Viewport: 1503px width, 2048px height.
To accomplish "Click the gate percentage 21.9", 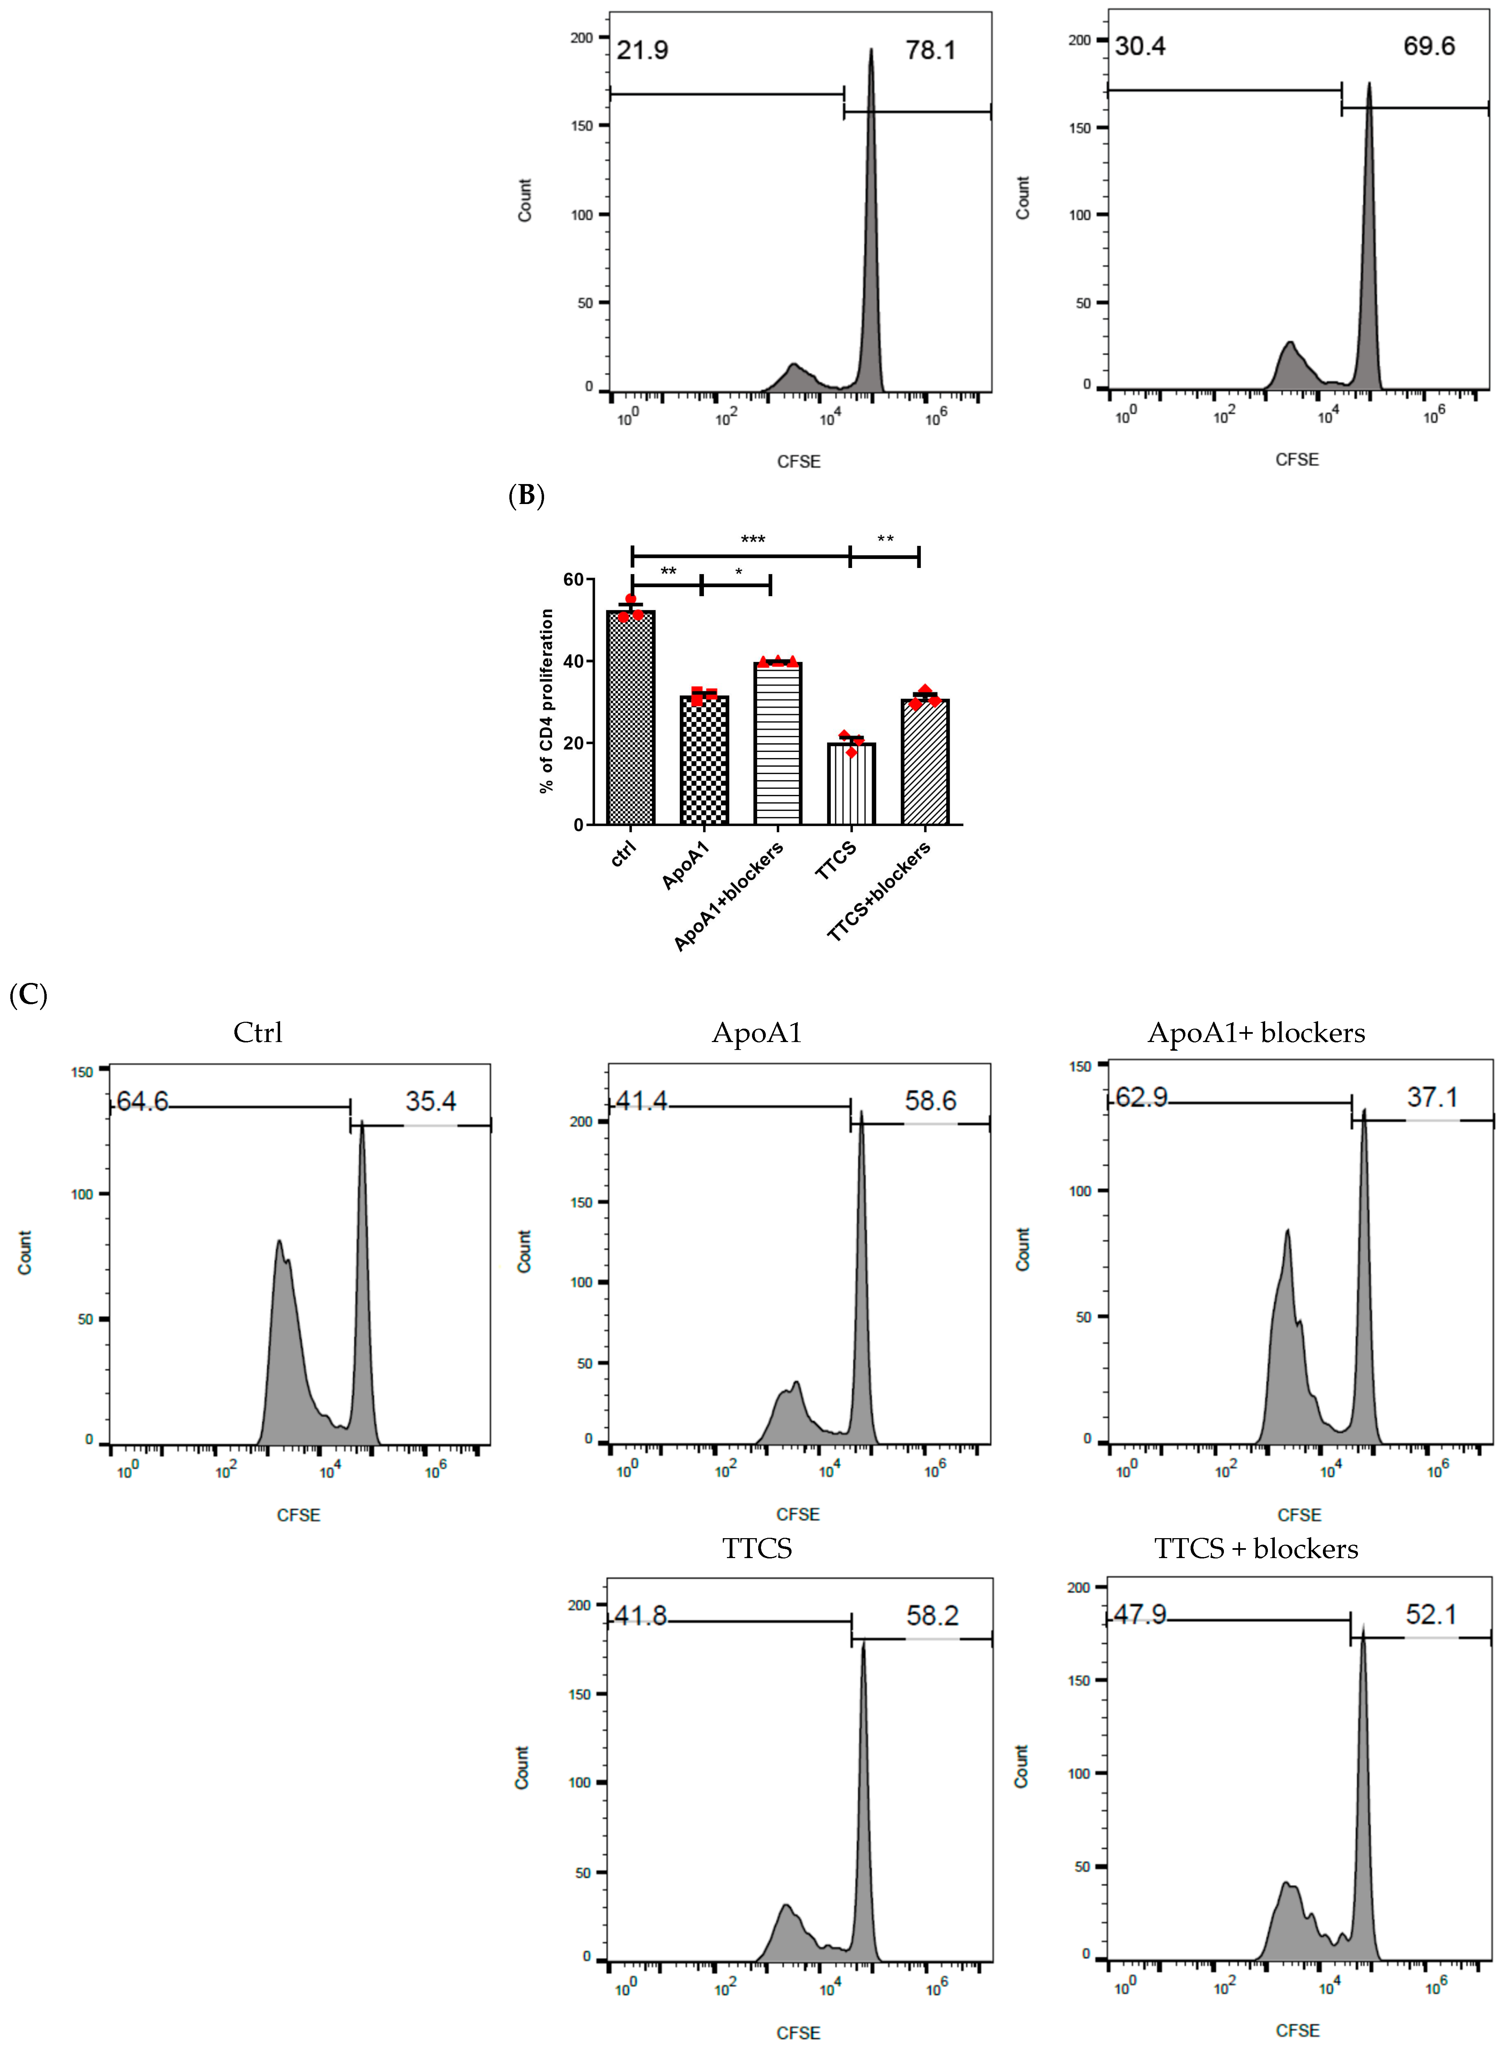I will pos(642,50).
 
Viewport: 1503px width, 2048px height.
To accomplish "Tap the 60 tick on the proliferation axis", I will pos(573,580).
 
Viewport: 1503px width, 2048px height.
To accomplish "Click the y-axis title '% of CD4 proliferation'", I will pos(547,701).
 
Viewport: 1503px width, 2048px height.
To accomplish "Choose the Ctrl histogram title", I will pos(257,1033).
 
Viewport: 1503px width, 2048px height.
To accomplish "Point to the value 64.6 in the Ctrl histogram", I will pos(143,1102).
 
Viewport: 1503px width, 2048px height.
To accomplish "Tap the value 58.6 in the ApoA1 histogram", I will pos(930,1101).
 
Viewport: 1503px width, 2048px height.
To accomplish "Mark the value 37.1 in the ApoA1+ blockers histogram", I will pos(1432,1097).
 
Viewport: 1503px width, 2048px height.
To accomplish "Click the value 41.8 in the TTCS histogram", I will pos(641,1616).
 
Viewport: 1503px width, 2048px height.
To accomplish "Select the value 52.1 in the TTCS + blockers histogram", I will pos(1431,1615).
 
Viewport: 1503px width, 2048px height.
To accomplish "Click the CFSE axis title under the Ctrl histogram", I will pos(298,1515).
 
